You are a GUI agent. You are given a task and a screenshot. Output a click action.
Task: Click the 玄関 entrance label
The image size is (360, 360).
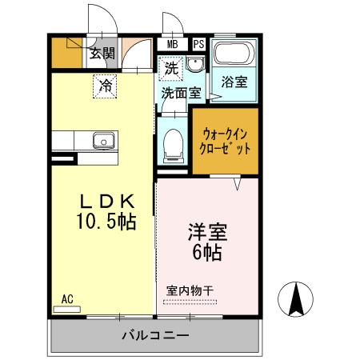click(x=101, y=54)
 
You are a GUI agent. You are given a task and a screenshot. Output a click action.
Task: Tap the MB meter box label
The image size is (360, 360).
click(x=173, y=44)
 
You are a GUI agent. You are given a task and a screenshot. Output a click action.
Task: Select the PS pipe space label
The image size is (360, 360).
click(x=198, y=44)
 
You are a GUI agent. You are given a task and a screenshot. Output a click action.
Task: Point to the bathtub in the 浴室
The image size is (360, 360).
click(x=234, y=55)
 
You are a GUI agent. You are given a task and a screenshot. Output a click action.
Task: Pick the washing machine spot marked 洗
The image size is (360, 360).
click(x=171, y=69)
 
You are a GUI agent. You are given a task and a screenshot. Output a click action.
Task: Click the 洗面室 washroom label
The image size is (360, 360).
click(x=181, y=93)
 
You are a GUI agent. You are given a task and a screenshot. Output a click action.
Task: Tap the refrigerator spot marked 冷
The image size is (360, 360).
click(x=105, y=85)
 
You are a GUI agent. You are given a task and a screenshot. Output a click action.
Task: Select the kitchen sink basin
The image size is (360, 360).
click(x=103, y=142)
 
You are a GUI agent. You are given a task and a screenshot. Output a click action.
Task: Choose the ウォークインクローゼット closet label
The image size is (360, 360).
click(x=226, y=142)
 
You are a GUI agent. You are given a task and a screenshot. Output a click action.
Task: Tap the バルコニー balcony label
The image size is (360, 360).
click(x=155, y=334)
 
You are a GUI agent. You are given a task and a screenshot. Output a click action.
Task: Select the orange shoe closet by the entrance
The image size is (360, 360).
click(x=66, y=53)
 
